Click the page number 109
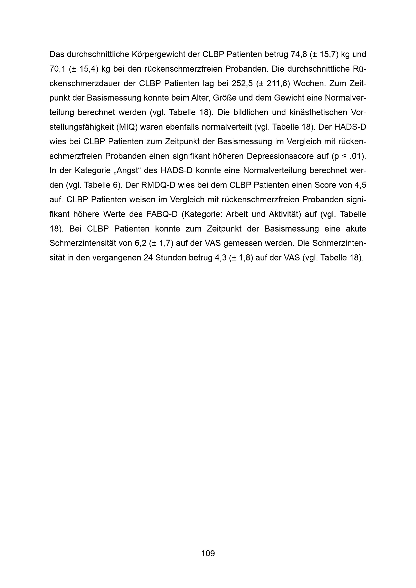point(208,553)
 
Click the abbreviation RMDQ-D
point(158,185)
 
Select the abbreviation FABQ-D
point(162,214)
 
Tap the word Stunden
point(170,258)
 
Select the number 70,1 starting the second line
point(57,69)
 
